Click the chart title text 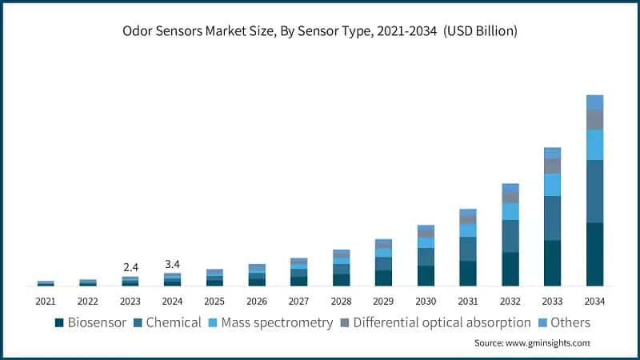point(320,31)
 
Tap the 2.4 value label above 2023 point(130,267)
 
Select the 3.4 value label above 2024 point(172,263)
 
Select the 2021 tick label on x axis point(46,302)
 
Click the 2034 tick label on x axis point(594,302)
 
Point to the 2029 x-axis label point(383,302)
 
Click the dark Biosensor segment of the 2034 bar point(594,254)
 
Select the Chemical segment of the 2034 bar point(594,191)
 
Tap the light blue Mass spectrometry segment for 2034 point(594,145)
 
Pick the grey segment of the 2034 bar point(594,119)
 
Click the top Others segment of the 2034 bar point(594,102)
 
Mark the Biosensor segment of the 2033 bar point(552,263)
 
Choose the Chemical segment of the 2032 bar point(510,236)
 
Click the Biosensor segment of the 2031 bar point(468,273)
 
